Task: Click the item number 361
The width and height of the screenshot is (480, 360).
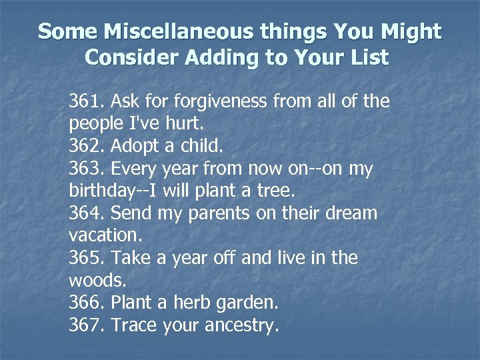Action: click(x=86, y=101)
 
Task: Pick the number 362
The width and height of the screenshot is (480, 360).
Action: click(x=86, y=147)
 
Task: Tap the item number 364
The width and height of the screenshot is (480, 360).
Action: click(x=86, y=213)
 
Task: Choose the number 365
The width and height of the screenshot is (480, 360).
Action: click(x=86, y=258)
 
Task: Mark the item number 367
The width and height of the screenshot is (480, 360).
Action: click(x=86, y=325)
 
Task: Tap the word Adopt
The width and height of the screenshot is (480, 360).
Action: click(x=133, y=147)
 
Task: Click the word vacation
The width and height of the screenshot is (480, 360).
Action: click(x=99, y=236)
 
